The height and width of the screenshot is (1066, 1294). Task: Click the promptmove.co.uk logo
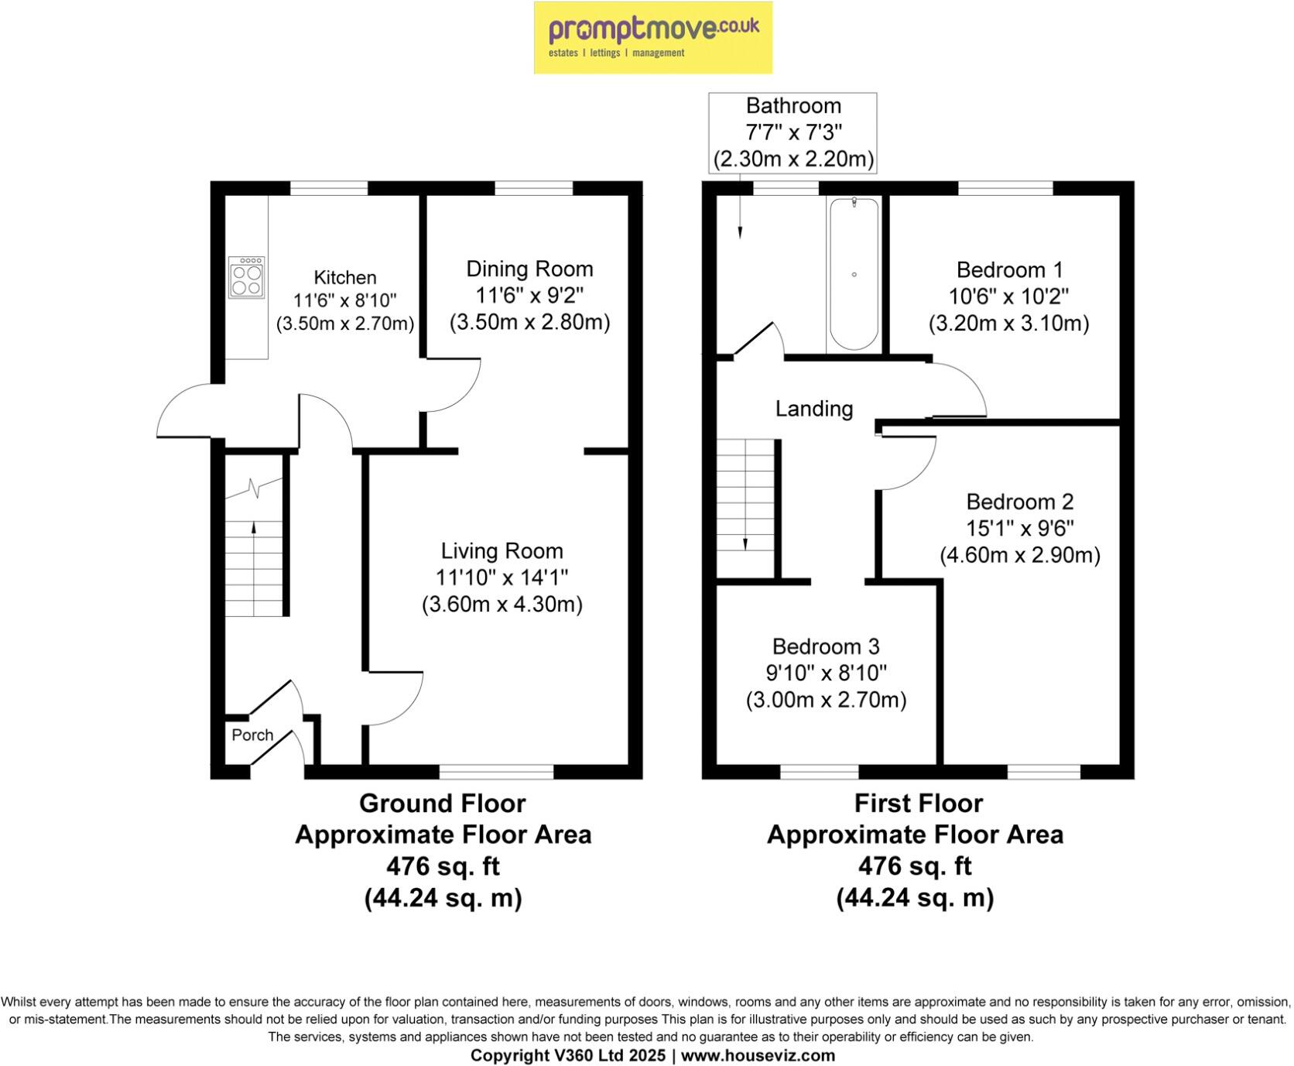pyautogui.click(x=652, y=37)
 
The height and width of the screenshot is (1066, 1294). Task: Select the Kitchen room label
pyautogui.click(x=345, y=277)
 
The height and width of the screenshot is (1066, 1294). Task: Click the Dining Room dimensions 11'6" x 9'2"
pyautogui.click(x=529, y=296)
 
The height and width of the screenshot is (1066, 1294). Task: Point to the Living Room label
pyautogui.click(x=502, y=551)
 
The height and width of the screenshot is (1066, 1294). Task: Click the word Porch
pyautogui.click(x=252, y=735)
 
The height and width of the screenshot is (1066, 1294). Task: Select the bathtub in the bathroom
pyautogui.click(x=854, y=275)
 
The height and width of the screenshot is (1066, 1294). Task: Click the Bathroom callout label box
pyautogui.click(x=793, y=132)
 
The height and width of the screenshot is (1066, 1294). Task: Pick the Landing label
pyautogui.click(x=814, y=409)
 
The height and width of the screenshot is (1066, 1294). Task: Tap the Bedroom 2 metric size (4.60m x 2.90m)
pyautogui.click(x=1019, y=555)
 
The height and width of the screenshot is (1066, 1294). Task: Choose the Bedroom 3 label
pyautogui.click(x=826, y=646)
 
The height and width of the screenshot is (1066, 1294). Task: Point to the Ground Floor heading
pyautogui.click(x=442, y=804)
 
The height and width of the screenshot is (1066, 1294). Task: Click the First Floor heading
pyautogui.click(x=918, y=804)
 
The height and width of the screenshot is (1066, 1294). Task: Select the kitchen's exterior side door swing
pyautogui.click(x=186, y=410)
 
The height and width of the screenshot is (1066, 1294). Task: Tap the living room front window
pyautogui.click(x=496, y=771)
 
